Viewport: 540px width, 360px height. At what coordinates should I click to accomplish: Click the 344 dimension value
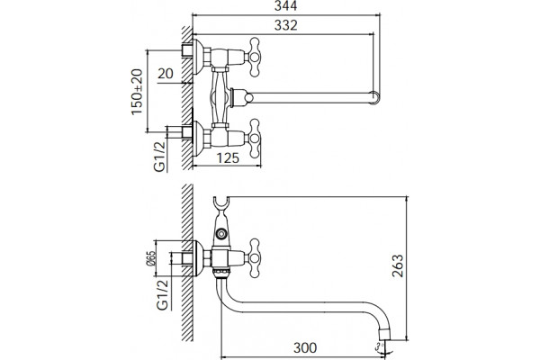click(285, 6)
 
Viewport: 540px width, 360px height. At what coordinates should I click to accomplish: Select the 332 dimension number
click(285, 25)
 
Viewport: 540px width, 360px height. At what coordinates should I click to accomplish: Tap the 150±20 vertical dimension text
click(137, 92)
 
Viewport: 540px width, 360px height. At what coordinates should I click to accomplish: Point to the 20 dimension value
click(166, 74)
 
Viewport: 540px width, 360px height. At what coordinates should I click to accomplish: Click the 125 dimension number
click(228, 158)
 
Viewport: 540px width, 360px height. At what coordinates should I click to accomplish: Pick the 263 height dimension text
click(398, 265)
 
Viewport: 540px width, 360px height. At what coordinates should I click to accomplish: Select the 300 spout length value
click(305, 348)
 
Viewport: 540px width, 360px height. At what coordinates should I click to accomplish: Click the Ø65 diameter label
click(151, 258)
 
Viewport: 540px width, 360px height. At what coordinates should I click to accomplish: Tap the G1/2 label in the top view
click(160, 157)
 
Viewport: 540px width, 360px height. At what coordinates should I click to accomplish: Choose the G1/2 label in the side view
click(163, 295)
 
